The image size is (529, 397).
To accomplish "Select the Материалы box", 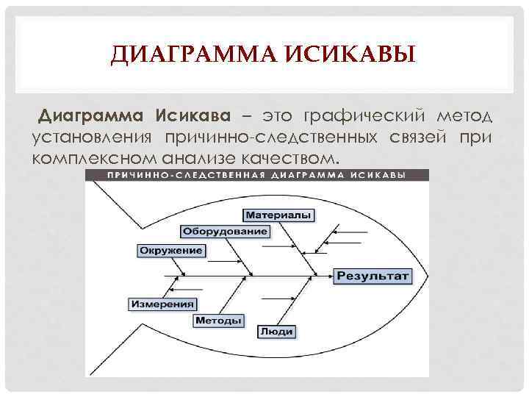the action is tap(278, 215).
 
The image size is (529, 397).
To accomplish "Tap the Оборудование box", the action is tap(225, 232).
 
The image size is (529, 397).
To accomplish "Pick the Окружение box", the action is tap(170, 251).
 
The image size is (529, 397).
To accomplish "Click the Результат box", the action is tap(373, 276).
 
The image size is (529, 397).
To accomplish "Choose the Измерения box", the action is tap(163, 303).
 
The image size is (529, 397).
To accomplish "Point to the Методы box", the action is tap(219, 321).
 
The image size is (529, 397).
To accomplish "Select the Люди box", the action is tap(276, 332).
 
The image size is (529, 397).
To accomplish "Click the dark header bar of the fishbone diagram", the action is tap(257, 176).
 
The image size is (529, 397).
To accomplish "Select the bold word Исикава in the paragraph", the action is tap(192, 116).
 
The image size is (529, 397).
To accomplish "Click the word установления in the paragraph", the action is tap(91, 137).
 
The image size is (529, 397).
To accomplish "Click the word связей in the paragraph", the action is tap(419, 137).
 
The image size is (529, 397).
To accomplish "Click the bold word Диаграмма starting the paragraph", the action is tap(93, 116).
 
